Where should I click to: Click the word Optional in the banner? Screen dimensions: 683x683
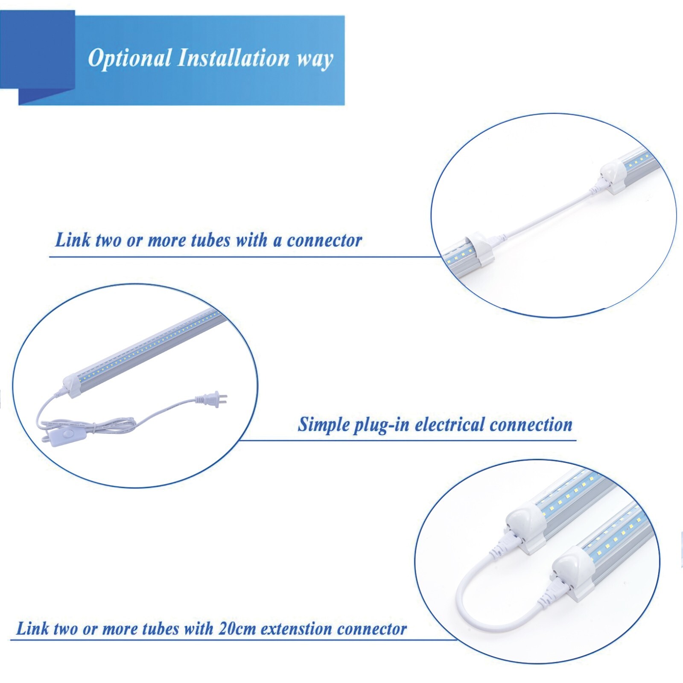click(129, 58)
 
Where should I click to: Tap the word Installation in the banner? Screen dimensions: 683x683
click(233, 58)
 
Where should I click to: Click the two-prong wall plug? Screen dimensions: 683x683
click(211, 400)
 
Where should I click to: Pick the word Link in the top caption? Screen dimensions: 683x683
click(73, 240)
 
